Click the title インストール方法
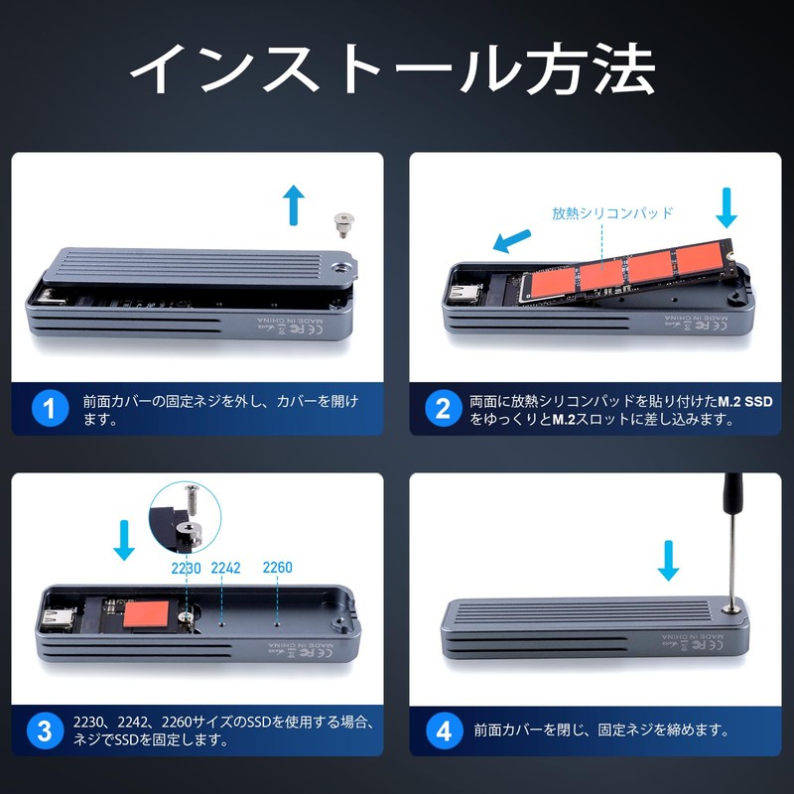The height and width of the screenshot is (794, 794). [393, 68]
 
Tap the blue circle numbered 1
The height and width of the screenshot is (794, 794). [49, 408]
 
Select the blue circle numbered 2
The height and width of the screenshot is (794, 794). [444, 408]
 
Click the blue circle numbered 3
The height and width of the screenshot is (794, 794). [45, 731]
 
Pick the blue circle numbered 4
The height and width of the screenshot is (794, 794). [444, 731]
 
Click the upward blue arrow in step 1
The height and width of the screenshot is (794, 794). [293, 203]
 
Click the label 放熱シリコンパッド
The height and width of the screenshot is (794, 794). [612, 212]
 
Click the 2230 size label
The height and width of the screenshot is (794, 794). [186, 569]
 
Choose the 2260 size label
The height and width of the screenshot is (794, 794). [277, 569]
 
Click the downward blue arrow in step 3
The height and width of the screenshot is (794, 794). [124, 538]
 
